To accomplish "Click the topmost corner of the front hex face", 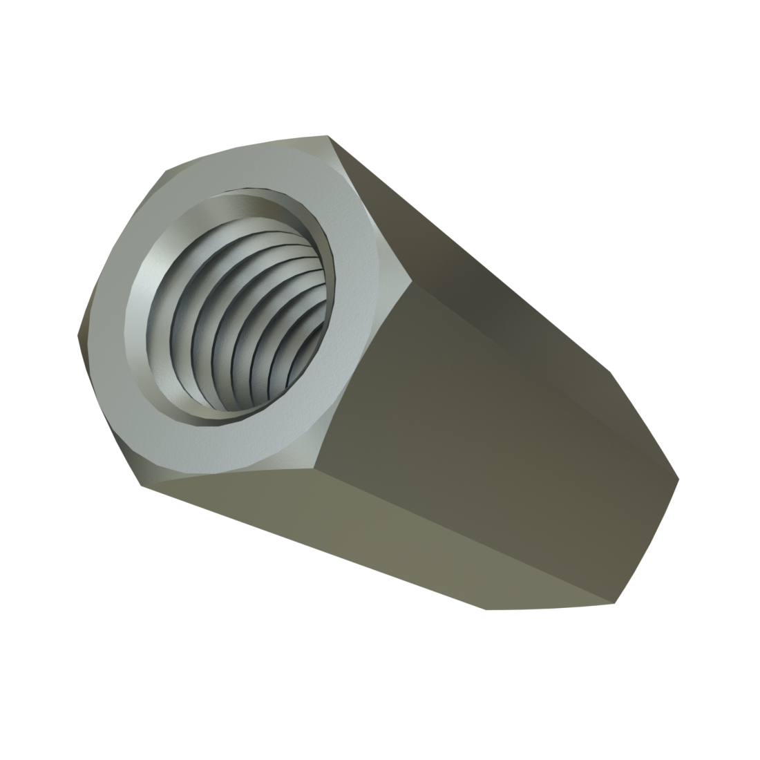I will [327, 136].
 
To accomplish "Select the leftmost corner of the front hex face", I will [77, 335].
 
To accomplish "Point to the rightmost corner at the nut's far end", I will [680, 479].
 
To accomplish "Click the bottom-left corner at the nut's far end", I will [486, 609].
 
